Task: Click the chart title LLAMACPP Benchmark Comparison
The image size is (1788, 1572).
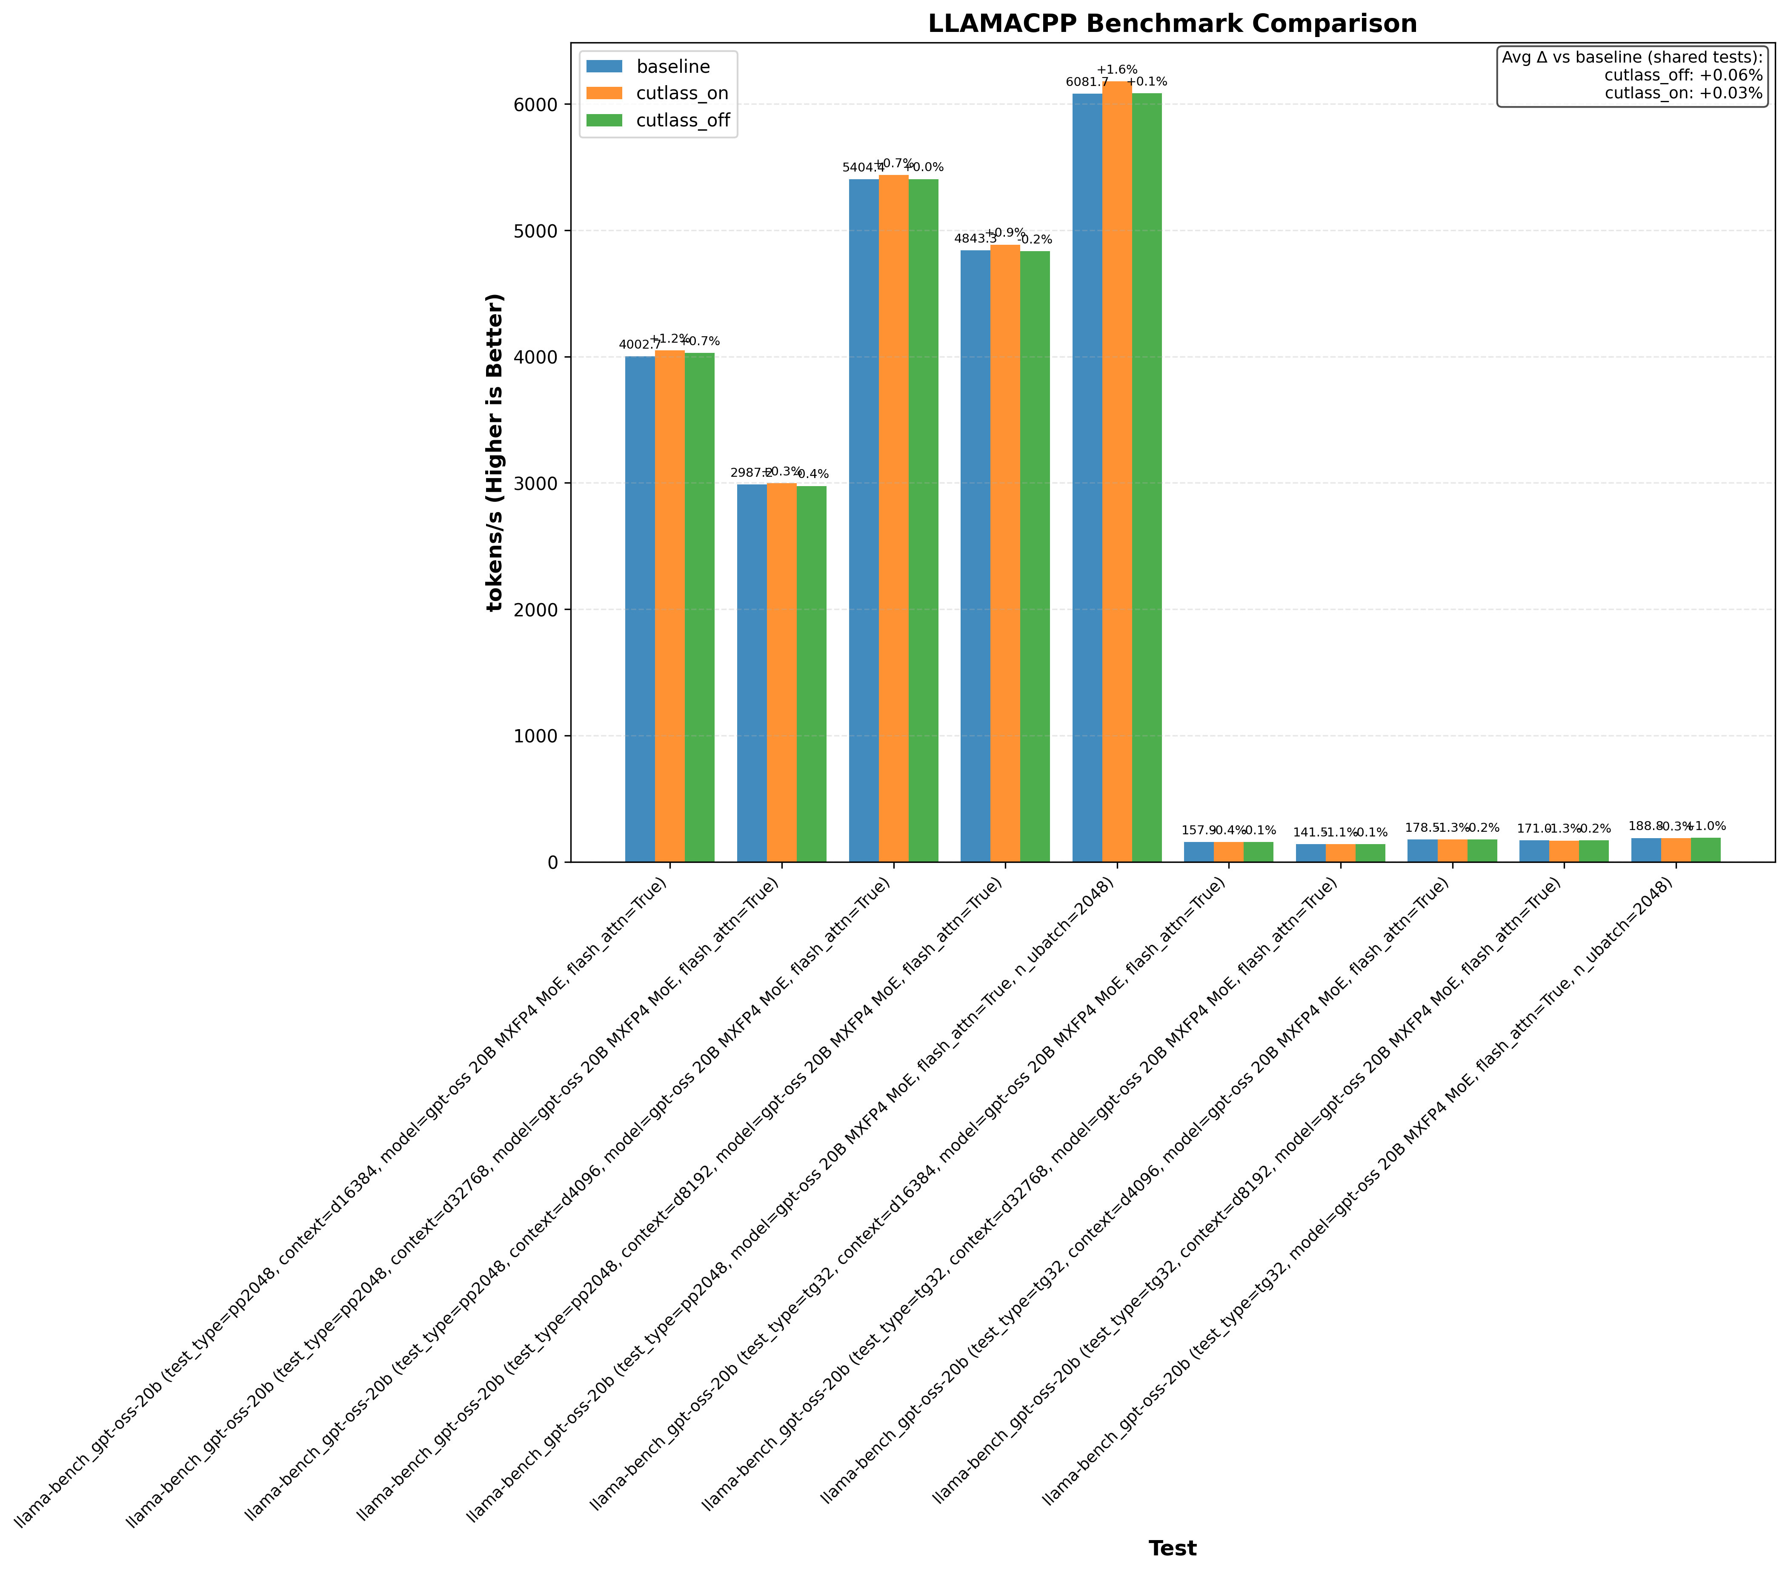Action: (1172, 23)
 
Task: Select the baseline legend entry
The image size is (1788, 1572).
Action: (672, 66)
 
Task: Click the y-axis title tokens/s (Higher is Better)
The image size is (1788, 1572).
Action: (495, 452)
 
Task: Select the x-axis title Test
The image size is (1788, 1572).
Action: (1172, 1547)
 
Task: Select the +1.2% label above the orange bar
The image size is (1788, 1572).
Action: (670, 338)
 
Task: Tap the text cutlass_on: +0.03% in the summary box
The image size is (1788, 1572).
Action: (1683, 94)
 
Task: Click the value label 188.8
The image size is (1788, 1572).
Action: (1645, 826)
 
